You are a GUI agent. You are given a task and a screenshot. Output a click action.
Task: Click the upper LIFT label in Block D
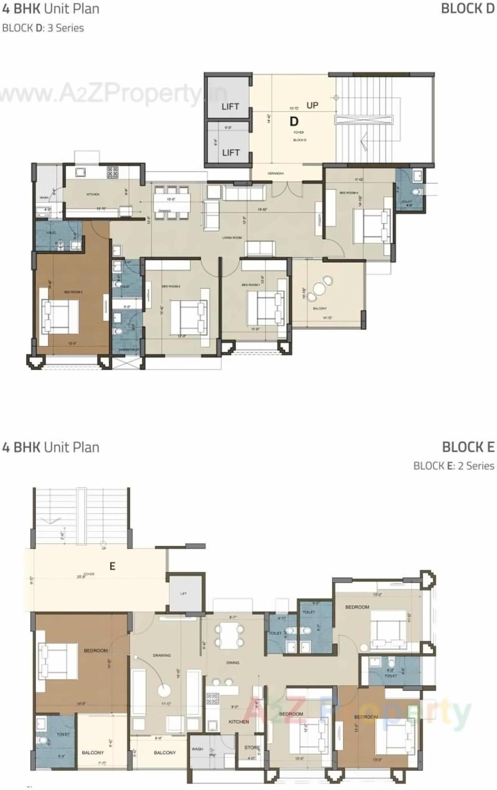click(230, 106)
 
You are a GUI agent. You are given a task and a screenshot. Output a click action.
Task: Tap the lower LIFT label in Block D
click(231, 152)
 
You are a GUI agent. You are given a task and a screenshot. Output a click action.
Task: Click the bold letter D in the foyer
click(294, 122)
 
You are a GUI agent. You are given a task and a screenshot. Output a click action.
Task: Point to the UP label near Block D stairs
click(312, 105)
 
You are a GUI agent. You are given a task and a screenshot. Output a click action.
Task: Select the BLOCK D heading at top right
click(467, 9)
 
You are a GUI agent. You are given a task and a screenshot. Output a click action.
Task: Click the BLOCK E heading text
click(468, 447)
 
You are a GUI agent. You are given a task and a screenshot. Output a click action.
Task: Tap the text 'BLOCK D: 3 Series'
click(43, 28)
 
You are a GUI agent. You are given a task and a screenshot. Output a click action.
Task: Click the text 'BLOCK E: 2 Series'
click(454, 466)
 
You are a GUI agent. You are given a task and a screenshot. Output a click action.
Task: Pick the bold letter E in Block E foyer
click(112, 567)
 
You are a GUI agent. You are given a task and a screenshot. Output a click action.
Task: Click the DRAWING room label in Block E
click(162, 655)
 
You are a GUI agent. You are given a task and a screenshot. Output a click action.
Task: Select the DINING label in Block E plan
click(233, 663)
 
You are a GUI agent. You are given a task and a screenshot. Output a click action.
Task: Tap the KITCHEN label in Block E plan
click(239, 722)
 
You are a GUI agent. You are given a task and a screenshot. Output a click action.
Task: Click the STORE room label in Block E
click(252, 748)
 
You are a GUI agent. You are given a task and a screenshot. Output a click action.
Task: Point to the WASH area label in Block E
click(197, 749)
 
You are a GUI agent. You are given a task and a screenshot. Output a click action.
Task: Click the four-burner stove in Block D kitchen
click(113, 172)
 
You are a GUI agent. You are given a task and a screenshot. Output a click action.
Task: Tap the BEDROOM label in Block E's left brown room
click(96, 651)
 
